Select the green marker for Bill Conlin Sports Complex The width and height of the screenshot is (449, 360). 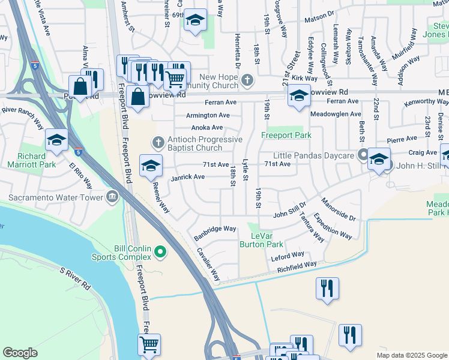click(x=160, y=253)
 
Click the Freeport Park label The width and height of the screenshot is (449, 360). click(x=286, y=135)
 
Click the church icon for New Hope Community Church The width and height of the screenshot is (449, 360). click(x=247, y=80)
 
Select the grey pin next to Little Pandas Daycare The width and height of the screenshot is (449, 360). click(x=363, y=154)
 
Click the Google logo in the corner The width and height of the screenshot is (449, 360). click(x=20, y=353)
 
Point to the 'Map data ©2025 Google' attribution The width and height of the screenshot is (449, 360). click(x=411, y=355)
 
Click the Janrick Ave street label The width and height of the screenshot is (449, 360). click(x=188, y=176)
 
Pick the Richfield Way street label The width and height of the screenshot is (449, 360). click(x=297, y=267)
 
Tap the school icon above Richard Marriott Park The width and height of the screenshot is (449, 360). click(x=56, y=140)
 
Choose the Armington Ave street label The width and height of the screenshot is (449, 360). click(x=208, y=115)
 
